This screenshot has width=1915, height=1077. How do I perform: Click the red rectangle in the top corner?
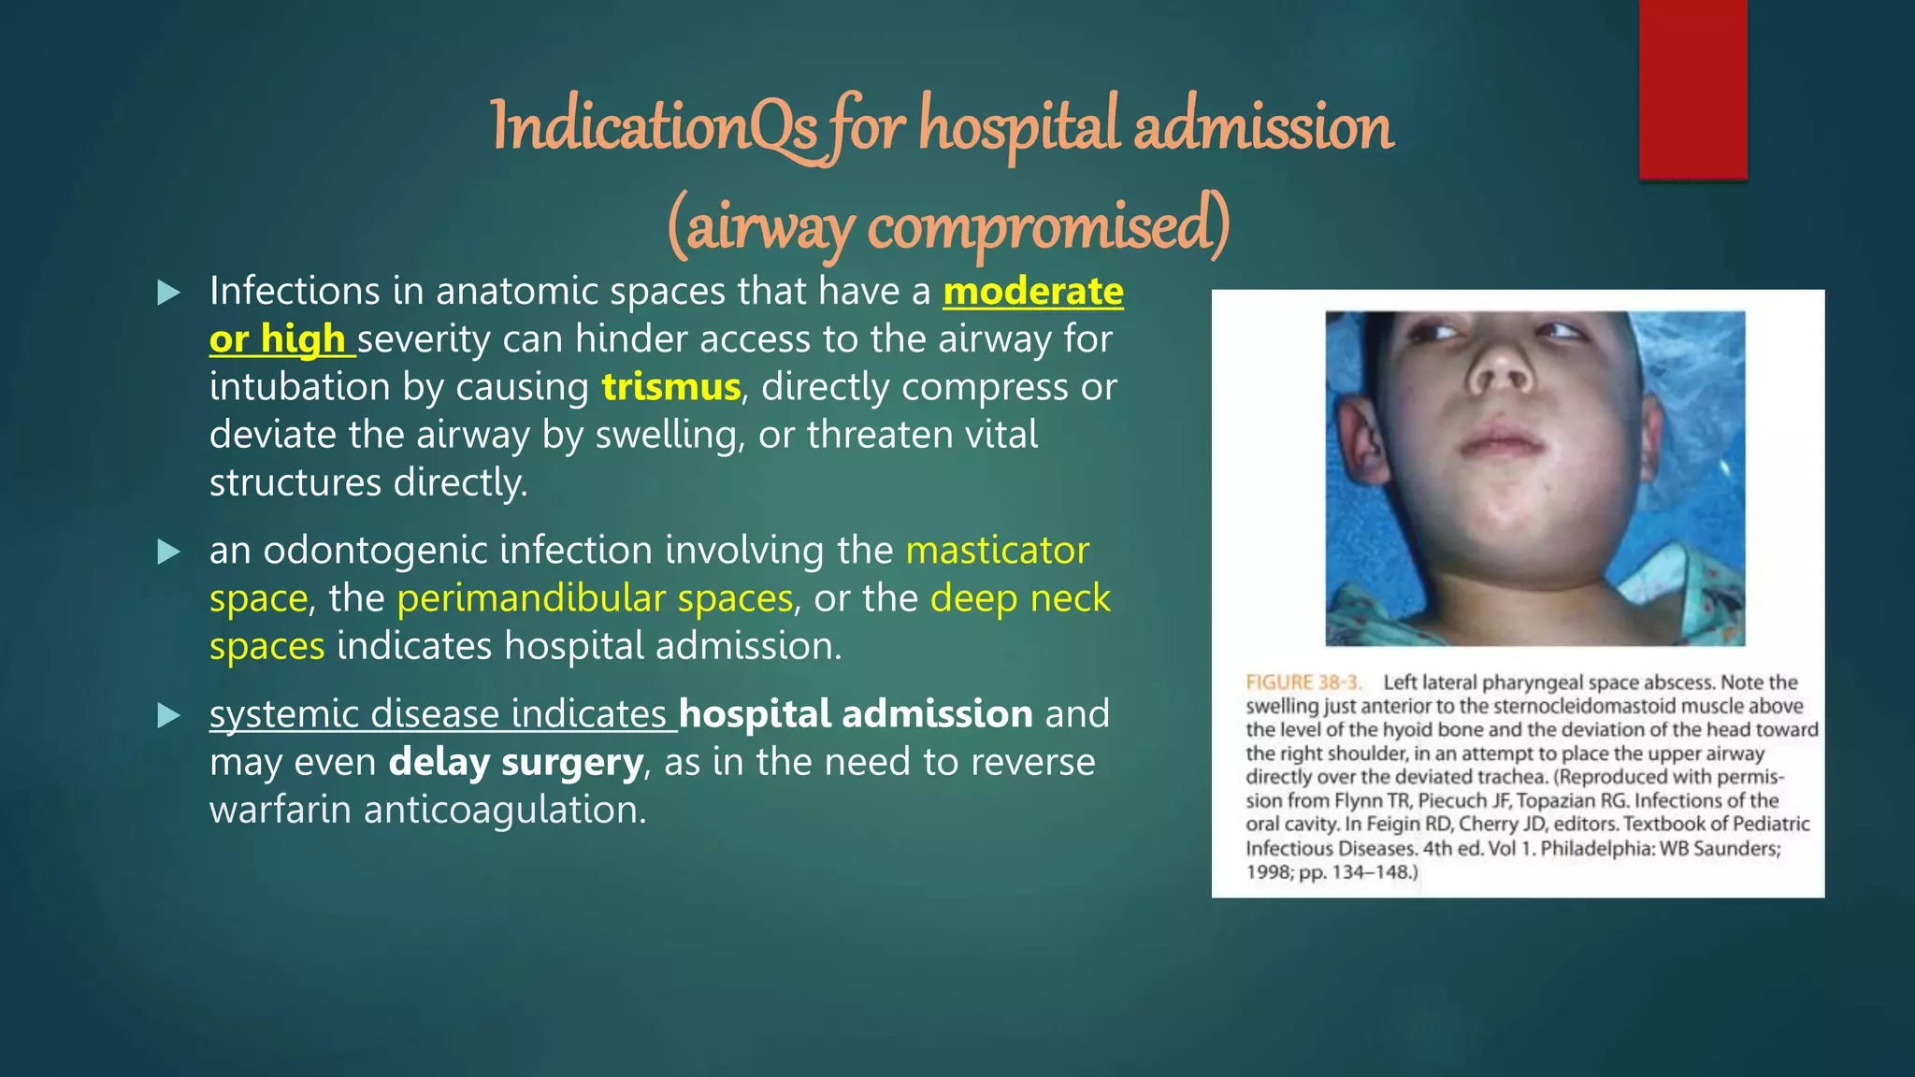click(x=1692, y=90)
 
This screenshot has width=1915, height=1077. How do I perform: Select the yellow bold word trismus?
click(x=670, y=387)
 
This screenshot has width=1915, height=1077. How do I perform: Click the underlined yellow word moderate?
click(x=1032, y=292)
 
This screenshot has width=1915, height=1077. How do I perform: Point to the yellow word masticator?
click(x=997, y=551)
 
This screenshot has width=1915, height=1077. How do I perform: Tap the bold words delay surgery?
click(x=516, y=763)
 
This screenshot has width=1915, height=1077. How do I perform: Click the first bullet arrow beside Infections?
click(x=169, y=294)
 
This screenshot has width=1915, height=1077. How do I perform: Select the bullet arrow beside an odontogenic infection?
click(x=169, y=552)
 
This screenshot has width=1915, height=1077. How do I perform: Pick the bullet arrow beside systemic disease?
click(x=169, y=716)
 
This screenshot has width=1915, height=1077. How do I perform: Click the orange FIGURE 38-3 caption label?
click(x=1303, y=682)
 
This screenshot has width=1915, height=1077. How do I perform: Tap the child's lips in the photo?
click(x=1500, y=440)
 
